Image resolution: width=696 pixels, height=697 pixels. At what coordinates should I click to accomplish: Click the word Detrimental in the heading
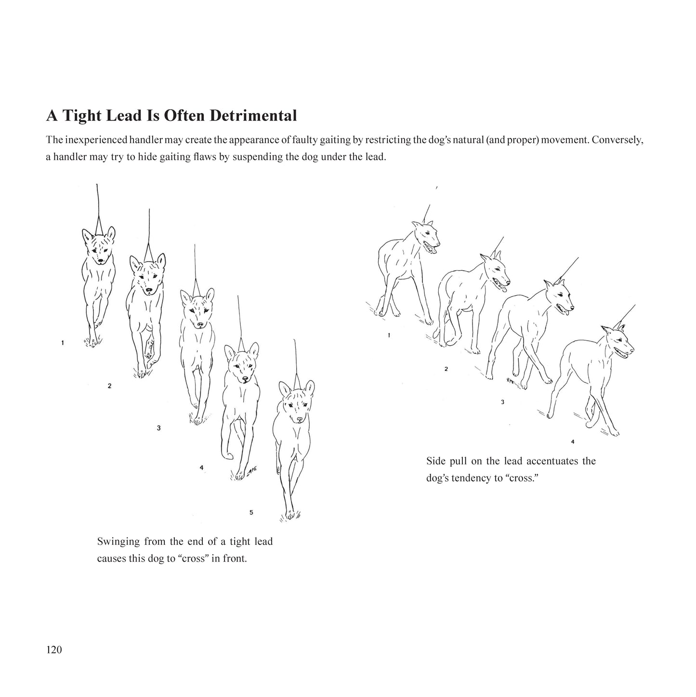253,116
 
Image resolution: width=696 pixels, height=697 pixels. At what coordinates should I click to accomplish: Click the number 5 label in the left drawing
251,512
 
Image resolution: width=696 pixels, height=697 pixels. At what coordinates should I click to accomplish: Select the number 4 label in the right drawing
573,442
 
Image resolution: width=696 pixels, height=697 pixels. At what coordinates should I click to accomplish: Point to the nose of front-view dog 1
100,260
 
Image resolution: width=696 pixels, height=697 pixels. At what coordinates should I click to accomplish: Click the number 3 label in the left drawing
158,428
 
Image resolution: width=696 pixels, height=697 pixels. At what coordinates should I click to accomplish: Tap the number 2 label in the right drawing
446,369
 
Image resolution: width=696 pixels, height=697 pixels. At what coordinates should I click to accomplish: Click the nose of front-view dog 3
200,325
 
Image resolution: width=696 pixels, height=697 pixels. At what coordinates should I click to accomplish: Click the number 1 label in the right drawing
389,335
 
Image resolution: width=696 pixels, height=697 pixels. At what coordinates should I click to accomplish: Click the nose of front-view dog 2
149,290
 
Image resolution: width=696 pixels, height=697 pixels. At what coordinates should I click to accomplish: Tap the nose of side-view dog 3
572,308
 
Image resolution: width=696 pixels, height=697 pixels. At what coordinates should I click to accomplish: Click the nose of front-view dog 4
245,379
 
